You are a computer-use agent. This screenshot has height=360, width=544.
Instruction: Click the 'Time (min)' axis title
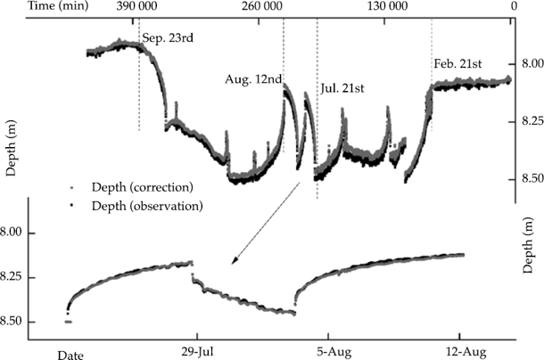(x=31, y=6)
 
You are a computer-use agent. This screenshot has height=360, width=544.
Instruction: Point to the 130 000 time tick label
(x=387, y=6)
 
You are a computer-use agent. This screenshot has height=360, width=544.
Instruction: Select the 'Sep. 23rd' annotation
(x=167, y=39)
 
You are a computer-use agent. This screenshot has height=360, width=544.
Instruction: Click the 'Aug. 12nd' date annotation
(x=252, y=79)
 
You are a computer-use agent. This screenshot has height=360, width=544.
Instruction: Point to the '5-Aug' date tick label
(x=330, y=349)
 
